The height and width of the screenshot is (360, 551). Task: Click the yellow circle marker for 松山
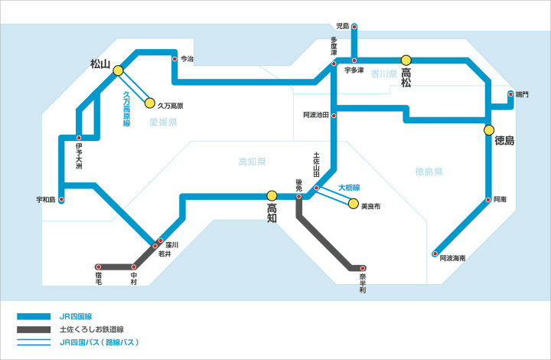118,70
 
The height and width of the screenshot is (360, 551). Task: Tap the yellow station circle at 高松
406,59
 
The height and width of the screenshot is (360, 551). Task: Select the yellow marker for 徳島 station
488,130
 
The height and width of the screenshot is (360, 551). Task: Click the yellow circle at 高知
272,196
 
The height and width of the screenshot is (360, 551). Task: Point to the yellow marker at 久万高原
150,103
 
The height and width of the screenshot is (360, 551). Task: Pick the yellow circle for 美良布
353,204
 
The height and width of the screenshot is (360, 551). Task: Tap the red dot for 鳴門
511,95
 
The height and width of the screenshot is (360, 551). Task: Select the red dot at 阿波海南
435,254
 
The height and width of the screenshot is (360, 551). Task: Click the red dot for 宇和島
61,200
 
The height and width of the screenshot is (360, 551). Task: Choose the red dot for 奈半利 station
362,268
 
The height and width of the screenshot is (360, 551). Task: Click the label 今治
187,58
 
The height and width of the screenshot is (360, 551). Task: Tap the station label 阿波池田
315,115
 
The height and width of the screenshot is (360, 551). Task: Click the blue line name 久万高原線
127,109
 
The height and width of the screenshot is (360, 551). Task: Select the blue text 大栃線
349,187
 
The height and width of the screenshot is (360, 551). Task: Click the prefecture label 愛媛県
163,122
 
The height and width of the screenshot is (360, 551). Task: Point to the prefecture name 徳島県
429,172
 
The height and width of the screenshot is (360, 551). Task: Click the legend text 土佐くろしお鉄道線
94,329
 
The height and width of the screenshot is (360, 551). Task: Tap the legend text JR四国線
76,316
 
